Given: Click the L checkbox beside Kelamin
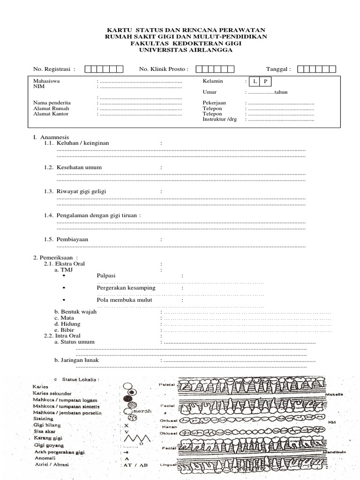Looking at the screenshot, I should [254, 82].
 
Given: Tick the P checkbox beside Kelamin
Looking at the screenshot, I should [265, 82].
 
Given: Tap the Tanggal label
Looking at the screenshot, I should [278, 69].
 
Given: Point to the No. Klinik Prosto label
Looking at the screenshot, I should [164, 69].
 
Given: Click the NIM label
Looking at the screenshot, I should [37, 87].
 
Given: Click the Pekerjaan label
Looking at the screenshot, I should [215, 103].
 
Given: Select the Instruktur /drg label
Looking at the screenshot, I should [220, 120].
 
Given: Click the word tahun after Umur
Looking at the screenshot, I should [281, 92].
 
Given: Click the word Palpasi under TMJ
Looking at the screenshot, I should [106, 276].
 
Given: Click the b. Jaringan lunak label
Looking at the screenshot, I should [75, 360].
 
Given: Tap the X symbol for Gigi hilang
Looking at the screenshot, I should [126, 425].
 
